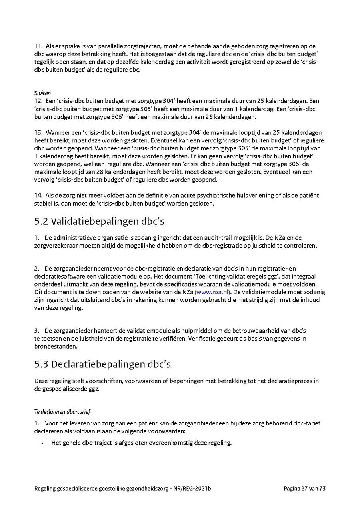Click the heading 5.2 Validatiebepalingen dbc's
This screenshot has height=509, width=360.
tap(99, 221)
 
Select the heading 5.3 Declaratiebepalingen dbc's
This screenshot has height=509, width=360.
tap(103, 364)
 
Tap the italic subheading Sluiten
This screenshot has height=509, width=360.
tap(42, 93)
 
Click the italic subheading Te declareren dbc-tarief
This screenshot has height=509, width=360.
tap(62, 411)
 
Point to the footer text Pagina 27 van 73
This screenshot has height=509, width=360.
tap(305, 488)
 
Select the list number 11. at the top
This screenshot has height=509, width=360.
tap(38, 46)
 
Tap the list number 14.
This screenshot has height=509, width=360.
tap(38, 195)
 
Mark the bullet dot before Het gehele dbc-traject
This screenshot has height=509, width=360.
tap(42, 443)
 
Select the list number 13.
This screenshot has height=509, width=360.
tap(38, 132)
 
